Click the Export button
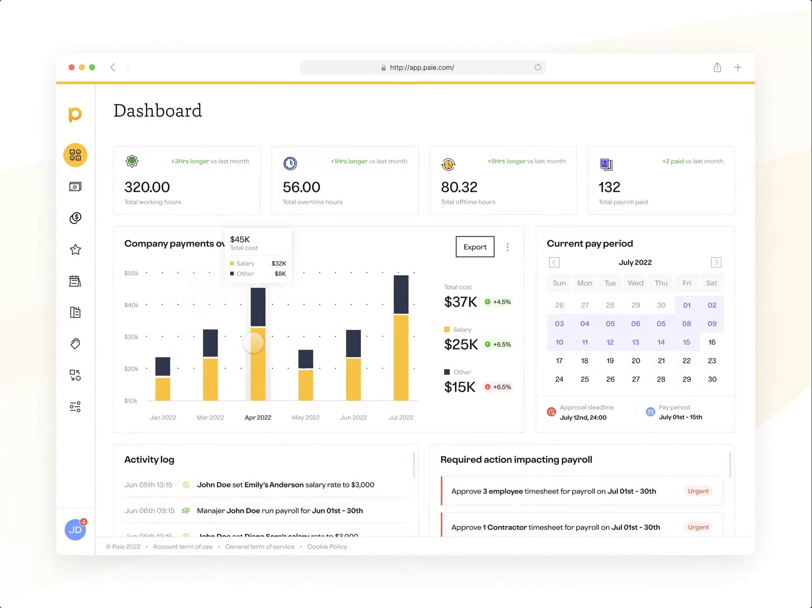(x=475, y=247)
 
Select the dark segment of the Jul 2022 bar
(x=401, y=295)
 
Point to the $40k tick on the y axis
(x=131, y=305)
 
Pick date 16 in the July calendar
(x=711, y=342)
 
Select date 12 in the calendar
(x=610, y=342)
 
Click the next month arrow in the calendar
(x=716, y=262)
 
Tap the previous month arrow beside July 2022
(x=554, y=262)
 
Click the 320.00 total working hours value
(x=147, y=187)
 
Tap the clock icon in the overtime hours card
(x=290, y=163)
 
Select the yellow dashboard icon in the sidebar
(x=75, y=155)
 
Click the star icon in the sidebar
(x=75, y=250)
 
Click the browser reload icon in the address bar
(x=537, y=67)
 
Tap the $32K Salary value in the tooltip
(x=279, y=263)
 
